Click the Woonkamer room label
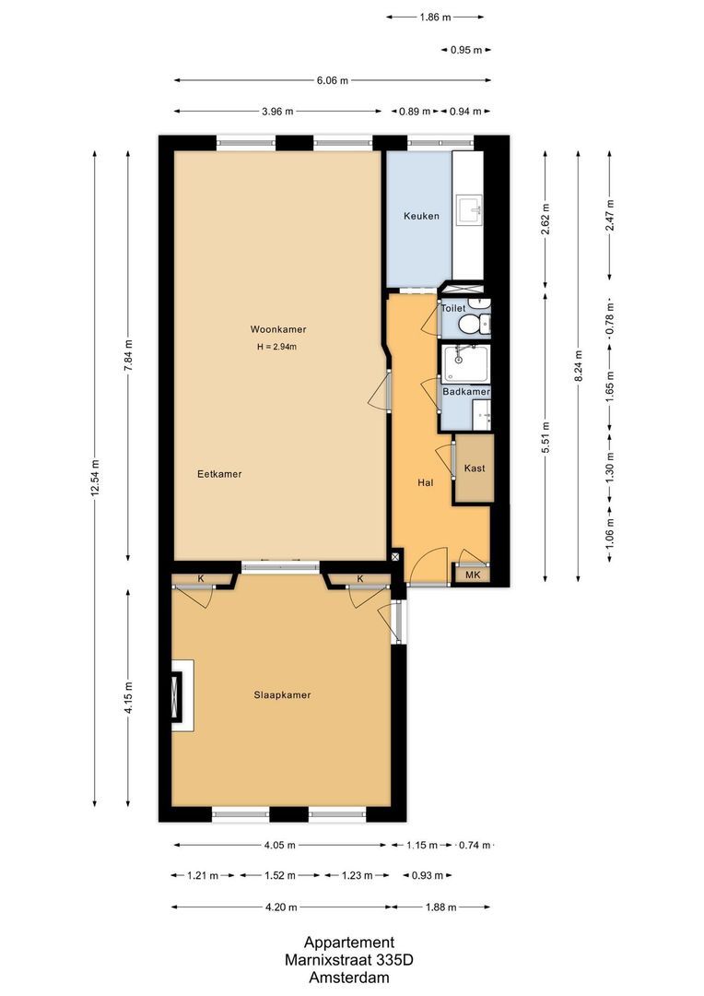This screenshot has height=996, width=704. coord(278,329)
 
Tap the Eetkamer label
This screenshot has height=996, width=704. coord(219,474)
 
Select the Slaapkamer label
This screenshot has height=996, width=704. coord(283,695)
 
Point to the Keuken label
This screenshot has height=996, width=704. coord(421,216)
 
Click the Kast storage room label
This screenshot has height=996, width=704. coord(475,468)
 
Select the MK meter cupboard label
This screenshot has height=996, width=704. coord(473,575)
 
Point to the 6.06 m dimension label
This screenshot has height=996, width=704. coord(333,80)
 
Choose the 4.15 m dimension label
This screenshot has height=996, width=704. coord(128,698)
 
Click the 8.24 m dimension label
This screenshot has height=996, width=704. coord(578,367)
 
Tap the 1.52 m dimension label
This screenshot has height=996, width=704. coord(280,875)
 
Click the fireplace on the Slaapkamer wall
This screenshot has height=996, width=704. coord(182,695)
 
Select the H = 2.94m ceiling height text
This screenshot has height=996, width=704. coord(276,347)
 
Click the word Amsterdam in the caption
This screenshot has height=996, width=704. coord(349,978)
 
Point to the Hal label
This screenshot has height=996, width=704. coord(426,482)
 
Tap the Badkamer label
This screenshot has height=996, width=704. coord(466,392)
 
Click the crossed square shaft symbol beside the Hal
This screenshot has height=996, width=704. coord(396,556)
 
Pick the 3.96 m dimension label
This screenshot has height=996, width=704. coord(277,112)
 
